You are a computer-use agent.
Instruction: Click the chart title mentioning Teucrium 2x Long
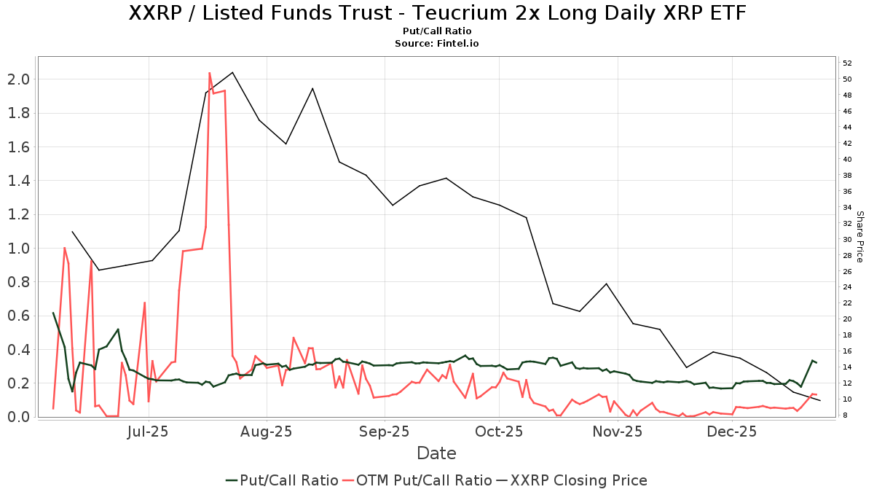pos(437,13)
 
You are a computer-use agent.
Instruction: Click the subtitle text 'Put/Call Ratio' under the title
pos(437,31)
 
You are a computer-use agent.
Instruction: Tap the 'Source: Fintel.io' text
pos(437,44)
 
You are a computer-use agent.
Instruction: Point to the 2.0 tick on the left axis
pos(18,79)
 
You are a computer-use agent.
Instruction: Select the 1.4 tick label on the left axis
pos(18,180)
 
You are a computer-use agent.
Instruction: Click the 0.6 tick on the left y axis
pos(18,316)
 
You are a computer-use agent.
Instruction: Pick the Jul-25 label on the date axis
pos(149,432)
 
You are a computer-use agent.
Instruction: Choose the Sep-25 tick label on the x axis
pos(385,432)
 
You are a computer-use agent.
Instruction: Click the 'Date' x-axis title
pos(436,453)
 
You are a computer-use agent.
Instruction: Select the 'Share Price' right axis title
pos(859,237)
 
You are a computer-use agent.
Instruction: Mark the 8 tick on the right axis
pos(846,415)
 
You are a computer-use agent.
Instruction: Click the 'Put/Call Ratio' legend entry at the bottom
pos(282,480)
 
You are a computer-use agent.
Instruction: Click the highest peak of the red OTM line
pos(210,73)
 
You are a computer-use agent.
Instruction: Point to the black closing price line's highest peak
pos(232,72)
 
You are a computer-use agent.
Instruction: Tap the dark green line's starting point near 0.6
pos(53,313)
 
